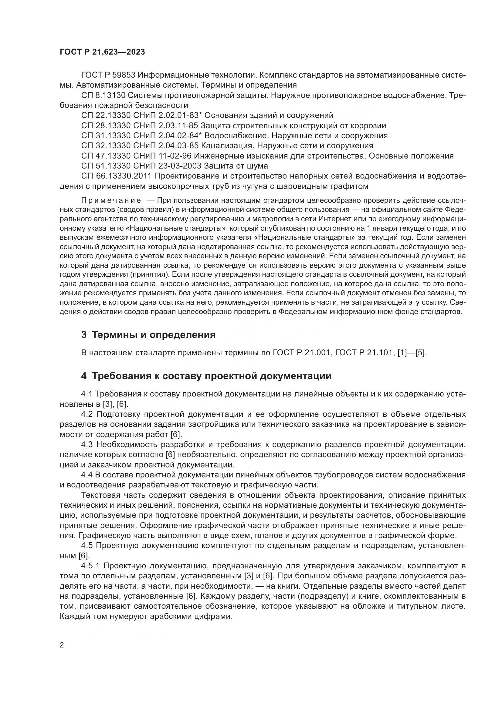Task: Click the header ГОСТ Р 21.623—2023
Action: (102, 52)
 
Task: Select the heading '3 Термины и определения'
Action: (148, 335)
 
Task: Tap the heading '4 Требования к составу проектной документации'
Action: (206, 376)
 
